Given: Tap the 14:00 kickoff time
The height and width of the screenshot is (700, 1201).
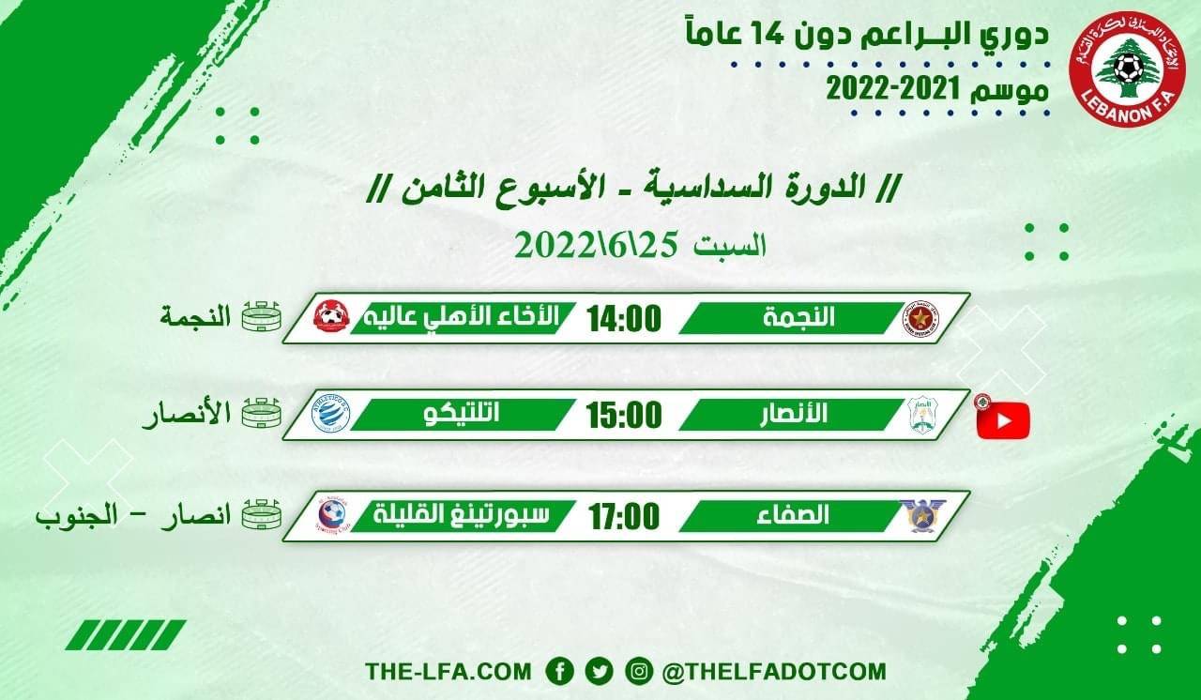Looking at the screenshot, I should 624,318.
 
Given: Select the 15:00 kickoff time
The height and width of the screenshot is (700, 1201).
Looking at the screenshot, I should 624,415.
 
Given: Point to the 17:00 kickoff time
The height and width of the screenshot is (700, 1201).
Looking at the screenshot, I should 624,515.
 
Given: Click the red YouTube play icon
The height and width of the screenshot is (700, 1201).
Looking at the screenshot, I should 1003,420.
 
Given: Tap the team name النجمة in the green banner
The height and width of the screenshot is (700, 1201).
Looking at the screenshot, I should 800,318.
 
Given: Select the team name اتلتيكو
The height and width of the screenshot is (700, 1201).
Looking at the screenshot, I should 463,415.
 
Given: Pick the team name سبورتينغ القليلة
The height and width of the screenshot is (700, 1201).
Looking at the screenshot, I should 462,515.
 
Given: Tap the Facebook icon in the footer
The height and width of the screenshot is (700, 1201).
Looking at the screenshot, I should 560,671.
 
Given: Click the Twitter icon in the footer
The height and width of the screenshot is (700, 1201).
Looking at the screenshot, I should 599,671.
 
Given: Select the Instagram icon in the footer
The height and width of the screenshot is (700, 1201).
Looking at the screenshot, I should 638,671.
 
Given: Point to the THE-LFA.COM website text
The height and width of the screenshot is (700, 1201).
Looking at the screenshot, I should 448,672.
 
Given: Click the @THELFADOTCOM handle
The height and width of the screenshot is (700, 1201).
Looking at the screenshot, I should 773,672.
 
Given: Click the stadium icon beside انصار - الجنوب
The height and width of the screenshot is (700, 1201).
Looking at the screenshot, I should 262,516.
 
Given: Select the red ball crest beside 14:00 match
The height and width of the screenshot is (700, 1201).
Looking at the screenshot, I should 331,317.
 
